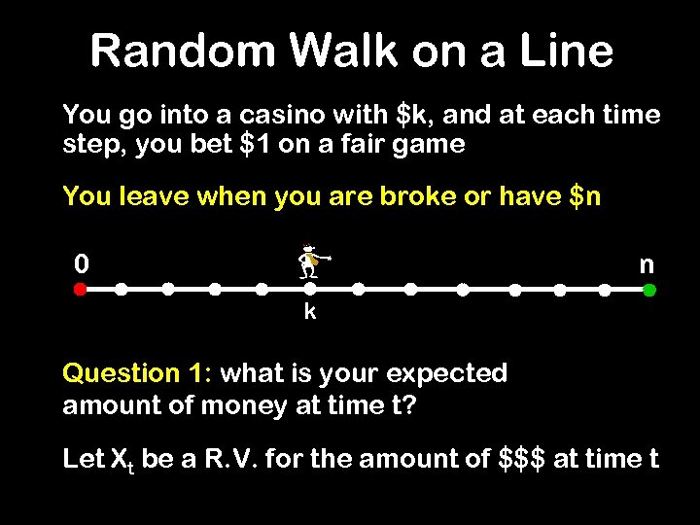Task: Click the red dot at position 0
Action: point(81,289)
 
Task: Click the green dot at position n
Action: point(649,289)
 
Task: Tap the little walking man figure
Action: point(311,261)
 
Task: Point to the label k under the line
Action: point(309,312)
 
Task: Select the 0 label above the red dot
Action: point(83,263)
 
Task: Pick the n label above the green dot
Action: point(647,264)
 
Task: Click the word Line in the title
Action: point(564,51)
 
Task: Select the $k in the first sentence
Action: point(416,115)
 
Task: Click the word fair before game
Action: point(377,145)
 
